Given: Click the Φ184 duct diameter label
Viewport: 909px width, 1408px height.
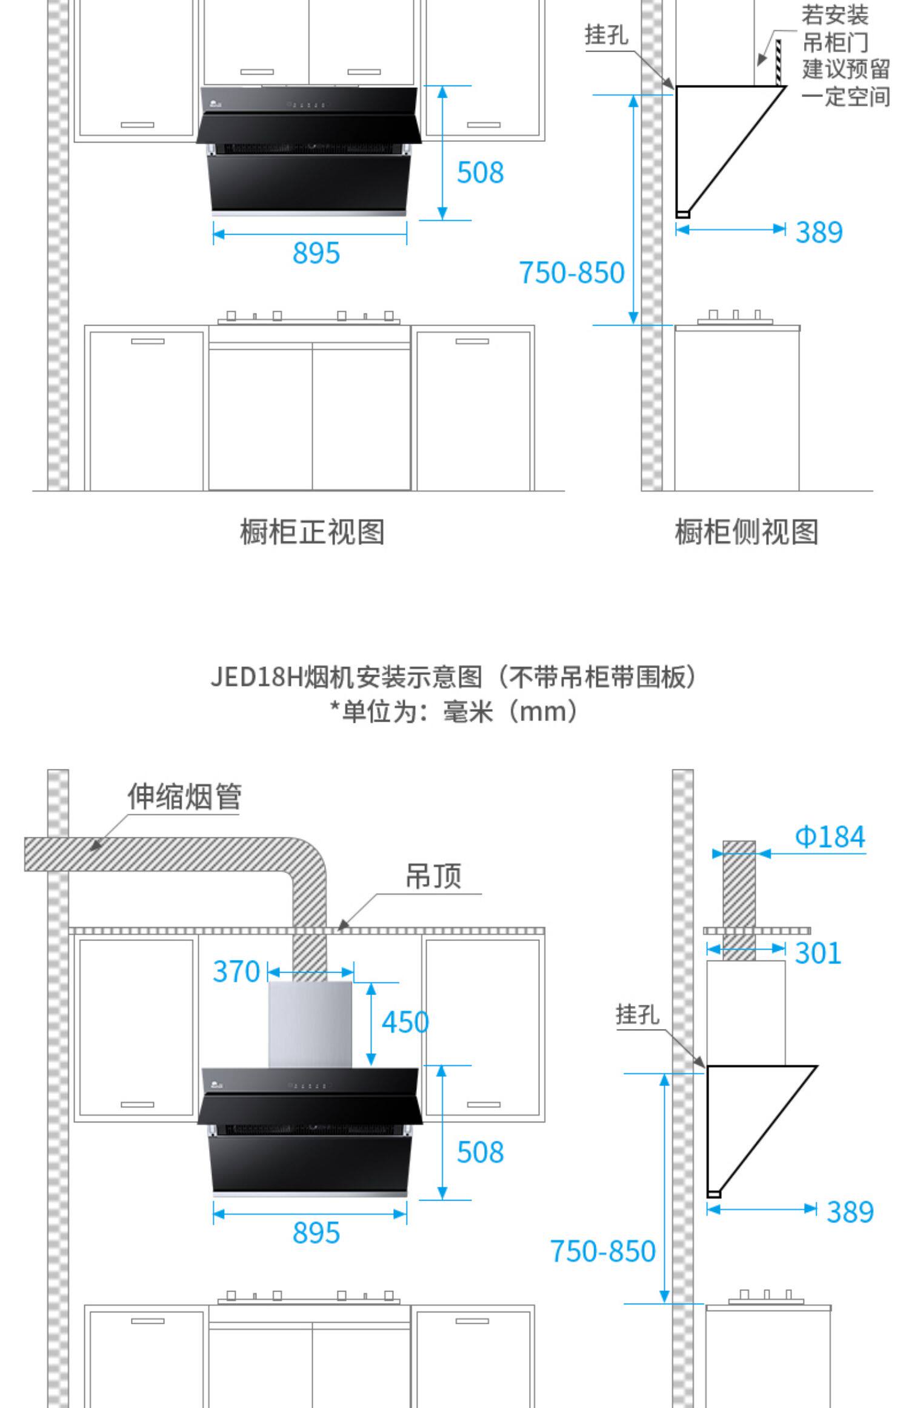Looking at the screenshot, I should pos(830,837).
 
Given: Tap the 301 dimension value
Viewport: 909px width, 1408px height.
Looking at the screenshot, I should pos(817,953).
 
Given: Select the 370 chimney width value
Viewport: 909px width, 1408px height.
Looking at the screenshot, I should pos(236,971).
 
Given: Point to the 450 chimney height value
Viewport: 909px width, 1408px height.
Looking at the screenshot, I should pos(405,1022).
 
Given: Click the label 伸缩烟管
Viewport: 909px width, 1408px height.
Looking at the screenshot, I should pos(184,797).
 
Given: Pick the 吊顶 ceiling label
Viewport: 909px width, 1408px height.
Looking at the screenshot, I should pos(433,876).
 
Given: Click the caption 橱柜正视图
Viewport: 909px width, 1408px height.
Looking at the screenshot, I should pos(312,532).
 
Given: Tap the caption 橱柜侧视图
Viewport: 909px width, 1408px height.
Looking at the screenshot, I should pos(747,532).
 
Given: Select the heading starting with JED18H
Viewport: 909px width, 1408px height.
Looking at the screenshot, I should pos(454,677).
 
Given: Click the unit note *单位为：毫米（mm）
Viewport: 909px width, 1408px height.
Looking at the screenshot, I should pos(454,711).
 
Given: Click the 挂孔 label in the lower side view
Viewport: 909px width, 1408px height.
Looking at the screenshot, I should pos(638,1014).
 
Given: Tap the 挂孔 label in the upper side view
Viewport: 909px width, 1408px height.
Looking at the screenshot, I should pos(606,35).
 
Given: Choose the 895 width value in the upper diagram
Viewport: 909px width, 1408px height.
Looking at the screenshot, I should pos(316,253).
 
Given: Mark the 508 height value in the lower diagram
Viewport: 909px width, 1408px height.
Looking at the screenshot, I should pos(480,1152).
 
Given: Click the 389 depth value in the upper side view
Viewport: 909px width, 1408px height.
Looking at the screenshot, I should pos(819,232).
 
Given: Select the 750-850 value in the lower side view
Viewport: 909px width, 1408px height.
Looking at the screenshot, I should pos(602,1251).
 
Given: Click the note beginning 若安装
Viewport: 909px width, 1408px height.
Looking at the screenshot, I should pos(845,56).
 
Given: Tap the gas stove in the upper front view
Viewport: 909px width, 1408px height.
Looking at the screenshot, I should pos(309,318).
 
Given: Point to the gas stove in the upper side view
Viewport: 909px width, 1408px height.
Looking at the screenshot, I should pos(734,318).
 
